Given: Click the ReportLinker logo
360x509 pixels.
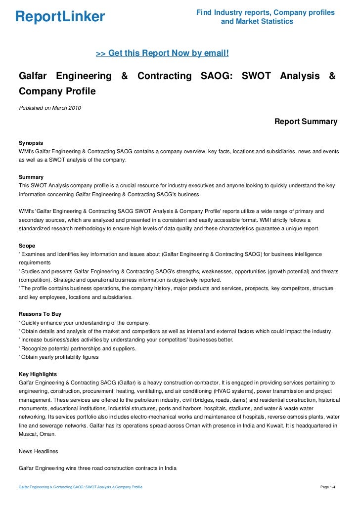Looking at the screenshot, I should (x=60, y=17).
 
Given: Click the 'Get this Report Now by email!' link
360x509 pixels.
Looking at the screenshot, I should (x=162, y=53).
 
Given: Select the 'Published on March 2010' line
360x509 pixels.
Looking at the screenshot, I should (x=50, y=108).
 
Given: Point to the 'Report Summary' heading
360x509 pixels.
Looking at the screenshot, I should (x=306, y=122).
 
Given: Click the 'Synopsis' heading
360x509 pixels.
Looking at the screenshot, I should (x=31, y=142).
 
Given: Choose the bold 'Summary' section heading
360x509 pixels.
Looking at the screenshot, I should (x=31, y=176).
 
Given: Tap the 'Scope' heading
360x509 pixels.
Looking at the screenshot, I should (x=27, y=245).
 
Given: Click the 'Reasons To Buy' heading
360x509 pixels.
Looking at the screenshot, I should (x=40, y=313).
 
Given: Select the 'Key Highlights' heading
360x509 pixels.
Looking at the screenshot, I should (x=38, y=374).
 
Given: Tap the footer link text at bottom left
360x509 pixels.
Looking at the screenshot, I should (x=81, y=487).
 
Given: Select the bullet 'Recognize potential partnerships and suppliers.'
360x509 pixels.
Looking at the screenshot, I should (x=77, y=348).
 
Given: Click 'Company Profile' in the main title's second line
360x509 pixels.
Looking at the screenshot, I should (x=57, y=91).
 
